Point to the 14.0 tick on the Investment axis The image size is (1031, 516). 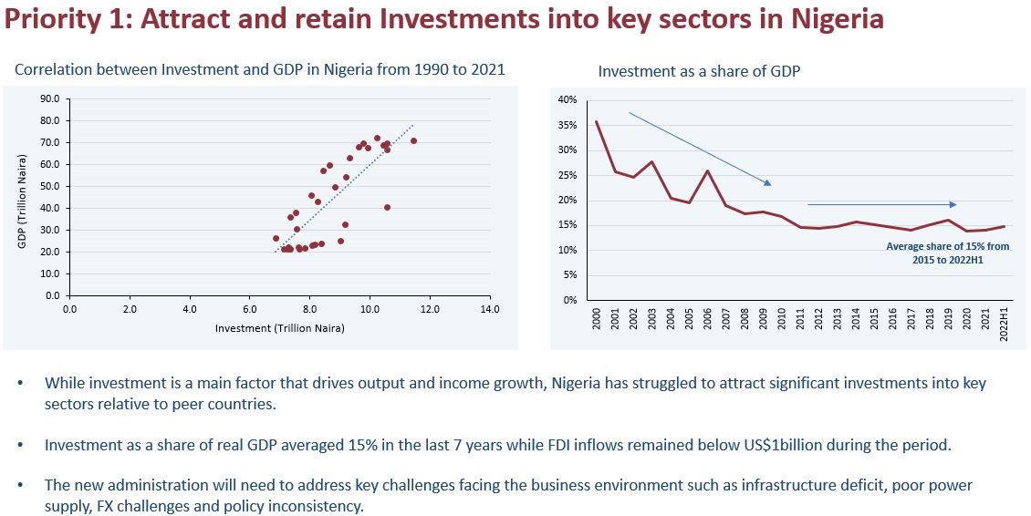pos(490,310)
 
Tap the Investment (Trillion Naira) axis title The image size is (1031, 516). pos(279,327)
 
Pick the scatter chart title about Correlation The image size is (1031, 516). pos(260,69)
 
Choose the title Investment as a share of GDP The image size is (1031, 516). pos(699,71)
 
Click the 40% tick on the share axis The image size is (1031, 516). pos(568,99)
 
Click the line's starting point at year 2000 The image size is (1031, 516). pos(597,121)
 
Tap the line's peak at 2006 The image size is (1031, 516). pos(708,170)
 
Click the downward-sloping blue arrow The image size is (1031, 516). pos(700,149)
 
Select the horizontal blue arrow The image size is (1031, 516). pos(882,204)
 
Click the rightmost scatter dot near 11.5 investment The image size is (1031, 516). pos(413,140)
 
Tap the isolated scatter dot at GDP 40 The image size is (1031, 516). pos(387,207)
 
